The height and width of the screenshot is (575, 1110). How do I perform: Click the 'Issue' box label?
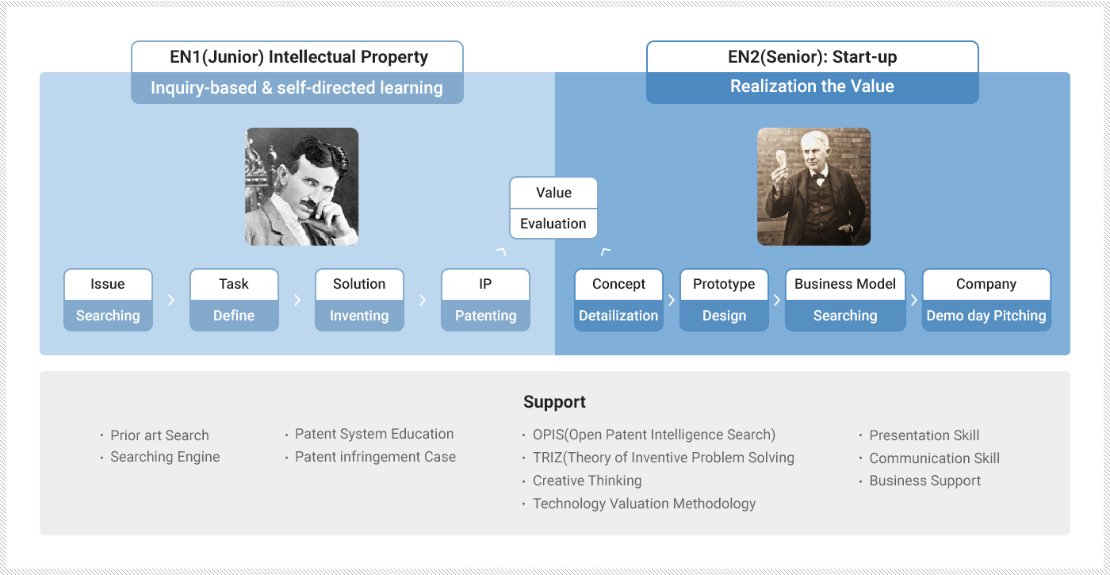tap(108, 284)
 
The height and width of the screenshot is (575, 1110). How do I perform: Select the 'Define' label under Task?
tap(234, 316)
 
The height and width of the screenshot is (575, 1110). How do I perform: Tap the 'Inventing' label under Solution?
tap(359, 316)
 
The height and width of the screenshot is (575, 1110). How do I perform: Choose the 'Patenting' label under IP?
tap(485, 316)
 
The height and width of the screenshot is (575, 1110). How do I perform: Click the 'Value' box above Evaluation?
tap(553, 193)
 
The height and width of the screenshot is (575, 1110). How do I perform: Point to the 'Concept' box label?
tap(618, 284)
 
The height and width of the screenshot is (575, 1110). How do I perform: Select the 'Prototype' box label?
tap(724, 284)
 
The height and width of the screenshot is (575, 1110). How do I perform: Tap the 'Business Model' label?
tap(845, 284)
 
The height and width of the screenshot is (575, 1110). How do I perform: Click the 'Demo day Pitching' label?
tap(986, 316)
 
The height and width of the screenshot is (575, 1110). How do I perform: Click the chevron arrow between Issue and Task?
tap(171, 300)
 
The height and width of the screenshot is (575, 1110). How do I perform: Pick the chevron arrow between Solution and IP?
tap(423, 300)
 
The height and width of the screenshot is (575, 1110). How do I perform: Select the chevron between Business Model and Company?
tap(914, 300)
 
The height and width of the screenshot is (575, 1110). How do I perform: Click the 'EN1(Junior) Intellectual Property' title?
tap(299, 57)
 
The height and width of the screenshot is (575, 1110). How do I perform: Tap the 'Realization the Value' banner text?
tap(812, 86)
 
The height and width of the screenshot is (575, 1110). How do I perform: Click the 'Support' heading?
tap(554, 401)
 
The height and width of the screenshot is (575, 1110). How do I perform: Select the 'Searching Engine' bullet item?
tap(165, 457)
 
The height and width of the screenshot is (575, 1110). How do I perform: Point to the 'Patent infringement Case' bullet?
tap(375, 457)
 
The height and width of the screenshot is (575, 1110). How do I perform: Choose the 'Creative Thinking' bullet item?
tap(588, 481)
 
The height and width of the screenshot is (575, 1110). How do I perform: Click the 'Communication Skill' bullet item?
tap(935, 458)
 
